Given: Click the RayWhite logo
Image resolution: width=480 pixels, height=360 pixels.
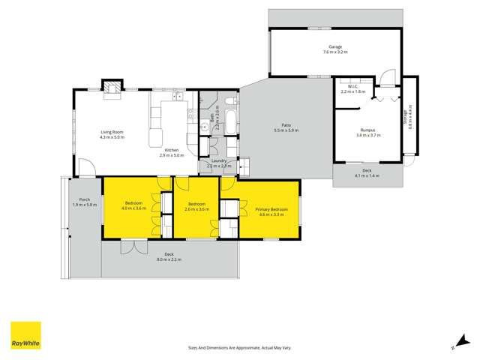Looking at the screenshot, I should tap(25, 336).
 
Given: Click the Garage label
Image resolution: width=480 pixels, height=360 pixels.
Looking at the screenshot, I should tap(334, 46).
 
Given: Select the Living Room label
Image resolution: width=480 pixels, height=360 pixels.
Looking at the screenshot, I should tap(112, 133).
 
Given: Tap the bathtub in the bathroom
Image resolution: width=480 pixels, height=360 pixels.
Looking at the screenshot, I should tap(230, 119).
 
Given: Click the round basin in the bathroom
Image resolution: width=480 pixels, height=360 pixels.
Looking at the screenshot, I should tap(204, 127).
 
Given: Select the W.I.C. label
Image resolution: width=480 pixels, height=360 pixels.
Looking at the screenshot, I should tap(352, 87).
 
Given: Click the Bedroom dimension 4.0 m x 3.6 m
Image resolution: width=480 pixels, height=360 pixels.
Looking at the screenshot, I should tap(136, 208).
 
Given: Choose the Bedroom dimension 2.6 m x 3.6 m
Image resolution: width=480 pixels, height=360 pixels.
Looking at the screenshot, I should tap(197, 208).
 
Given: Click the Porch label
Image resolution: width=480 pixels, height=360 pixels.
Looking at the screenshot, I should tap(84, 200).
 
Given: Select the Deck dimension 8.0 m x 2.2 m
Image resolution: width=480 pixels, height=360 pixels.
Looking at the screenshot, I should tap(169, 259).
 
